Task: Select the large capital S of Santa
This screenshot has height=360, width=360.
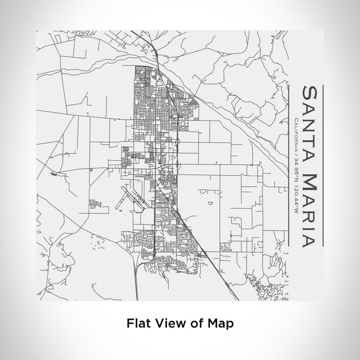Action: pyautogui.click(x=310, y=92)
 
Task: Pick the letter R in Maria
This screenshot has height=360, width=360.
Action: pyautogui.click(x=310, y=211)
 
